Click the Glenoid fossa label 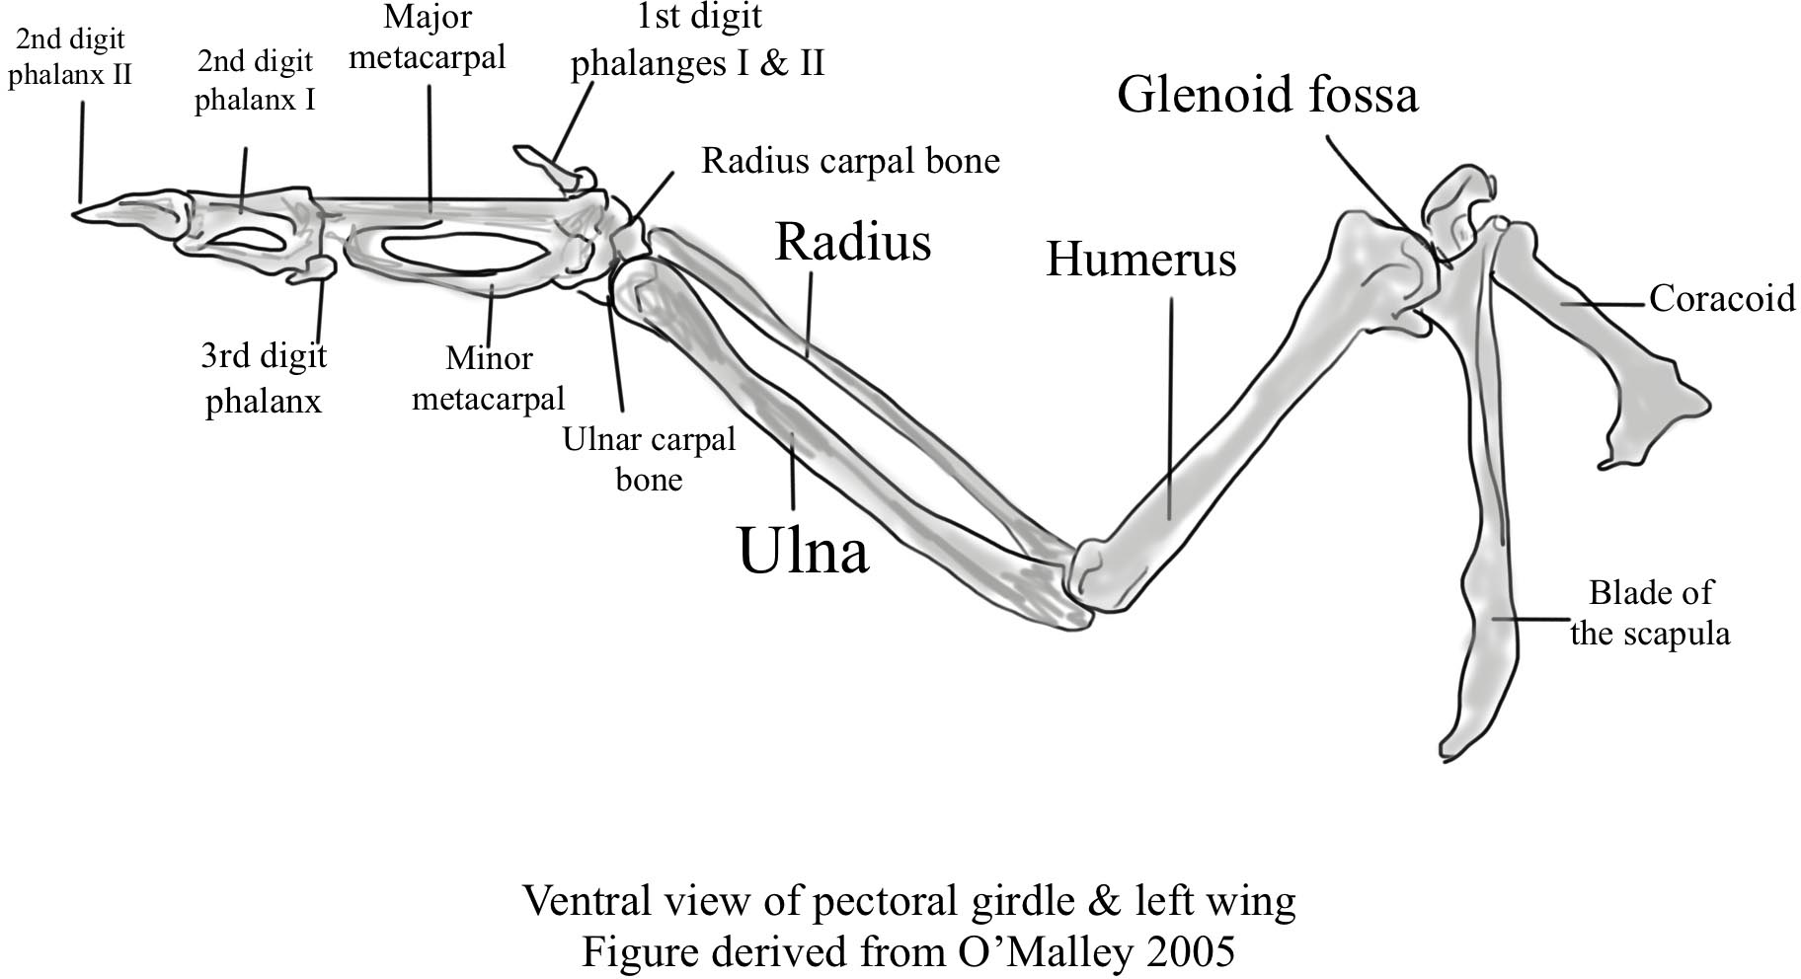coord(1267,96)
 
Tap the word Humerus coord(1140,260)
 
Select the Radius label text coord(852,242)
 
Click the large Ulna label coord(803,551)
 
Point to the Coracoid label coord(1721,298)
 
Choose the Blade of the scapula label coord(1650,613)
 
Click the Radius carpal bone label coord(850,161)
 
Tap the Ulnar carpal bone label coord(649,459)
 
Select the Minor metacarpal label coord(489,378)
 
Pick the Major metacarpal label coord(428,38)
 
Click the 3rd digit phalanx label coord(264,378)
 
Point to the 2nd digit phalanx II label coord(70,56)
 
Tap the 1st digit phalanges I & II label coord(698,41)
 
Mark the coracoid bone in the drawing coord(1600,326)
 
